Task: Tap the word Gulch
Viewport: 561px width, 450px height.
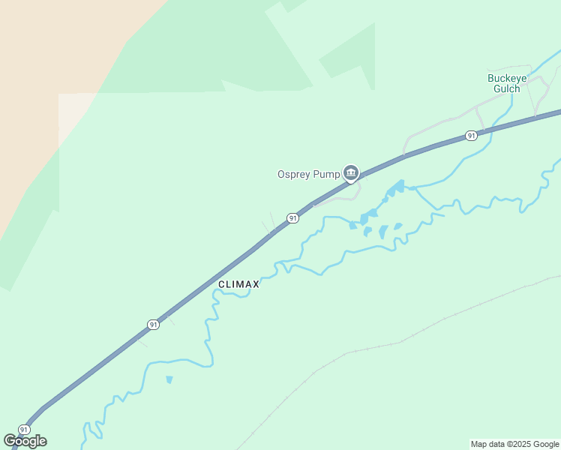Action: click(x=507, y=88)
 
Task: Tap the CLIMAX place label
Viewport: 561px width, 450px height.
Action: click(x=238, y=284)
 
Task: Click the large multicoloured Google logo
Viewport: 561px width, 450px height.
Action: click(x=25, y=441)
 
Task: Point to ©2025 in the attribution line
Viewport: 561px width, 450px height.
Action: click(x=522, y=444)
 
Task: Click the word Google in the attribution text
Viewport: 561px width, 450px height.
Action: click(x=546, y=444)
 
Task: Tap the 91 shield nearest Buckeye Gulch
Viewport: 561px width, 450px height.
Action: click(x=470, y=136)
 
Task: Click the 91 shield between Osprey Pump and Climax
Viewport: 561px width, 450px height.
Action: click(x=292, y=218)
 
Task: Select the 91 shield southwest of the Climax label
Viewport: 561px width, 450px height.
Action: click(x=153, y=325)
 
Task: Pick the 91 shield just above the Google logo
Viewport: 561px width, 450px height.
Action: click(x=24, y=430)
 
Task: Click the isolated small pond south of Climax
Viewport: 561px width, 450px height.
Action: click(x=169, y=379)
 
